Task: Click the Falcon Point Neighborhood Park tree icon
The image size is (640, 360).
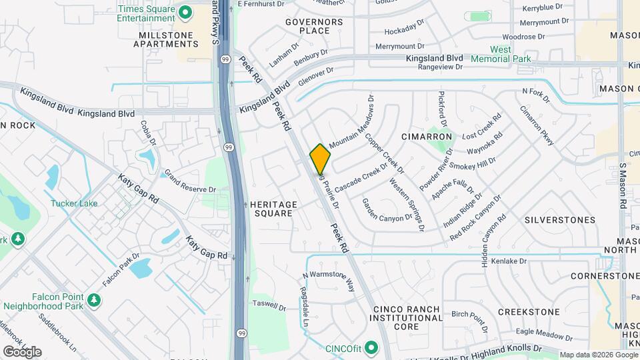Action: (x=94, y=299)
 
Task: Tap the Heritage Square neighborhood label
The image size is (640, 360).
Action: (x=271, y=209)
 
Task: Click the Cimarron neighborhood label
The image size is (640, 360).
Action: (x=427, y=136)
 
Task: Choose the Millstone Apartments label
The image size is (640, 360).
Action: (x=166, y=39)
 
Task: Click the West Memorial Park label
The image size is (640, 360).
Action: (x=501, y=54)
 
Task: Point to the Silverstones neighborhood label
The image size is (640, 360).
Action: (x=559, y=219)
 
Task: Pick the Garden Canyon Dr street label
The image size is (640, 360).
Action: (x=387, y=209)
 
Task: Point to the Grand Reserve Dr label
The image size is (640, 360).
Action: (x=191, y=181)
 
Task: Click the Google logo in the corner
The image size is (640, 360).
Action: (x=22, y=351)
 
